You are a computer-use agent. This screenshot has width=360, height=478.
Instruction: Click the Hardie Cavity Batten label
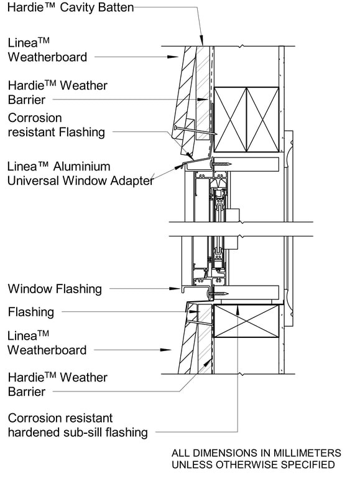tap(70, 7)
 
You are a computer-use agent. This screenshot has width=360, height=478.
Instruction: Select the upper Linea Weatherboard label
tap(47, 50)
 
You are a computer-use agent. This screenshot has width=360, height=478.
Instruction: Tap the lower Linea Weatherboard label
tap(47, 343)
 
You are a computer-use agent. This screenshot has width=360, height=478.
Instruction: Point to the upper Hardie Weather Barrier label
tap(57, 92)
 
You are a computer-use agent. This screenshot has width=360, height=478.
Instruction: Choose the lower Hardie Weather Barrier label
tap(57, 385)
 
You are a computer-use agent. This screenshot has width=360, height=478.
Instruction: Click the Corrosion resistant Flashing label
tap(56, 124)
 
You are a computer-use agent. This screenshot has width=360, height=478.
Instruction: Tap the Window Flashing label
tap(54, 289)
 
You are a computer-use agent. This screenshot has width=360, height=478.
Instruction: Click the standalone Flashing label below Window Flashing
tap(30, 312)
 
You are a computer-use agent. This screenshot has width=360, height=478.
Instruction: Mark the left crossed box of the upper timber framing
tap(230, 119)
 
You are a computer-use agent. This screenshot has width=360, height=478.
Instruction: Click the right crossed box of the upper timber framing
tap(262, 119)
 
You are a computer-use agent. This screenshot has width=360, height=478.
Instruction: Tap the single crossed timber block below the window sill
tap(246, 321)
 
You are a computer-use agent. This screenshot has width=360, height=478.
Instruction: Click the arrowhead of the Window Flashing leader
tap(176, 289)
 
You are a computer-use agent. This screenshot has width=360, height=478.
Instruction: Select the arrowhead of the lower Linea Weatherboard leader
tap(167, 350)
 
